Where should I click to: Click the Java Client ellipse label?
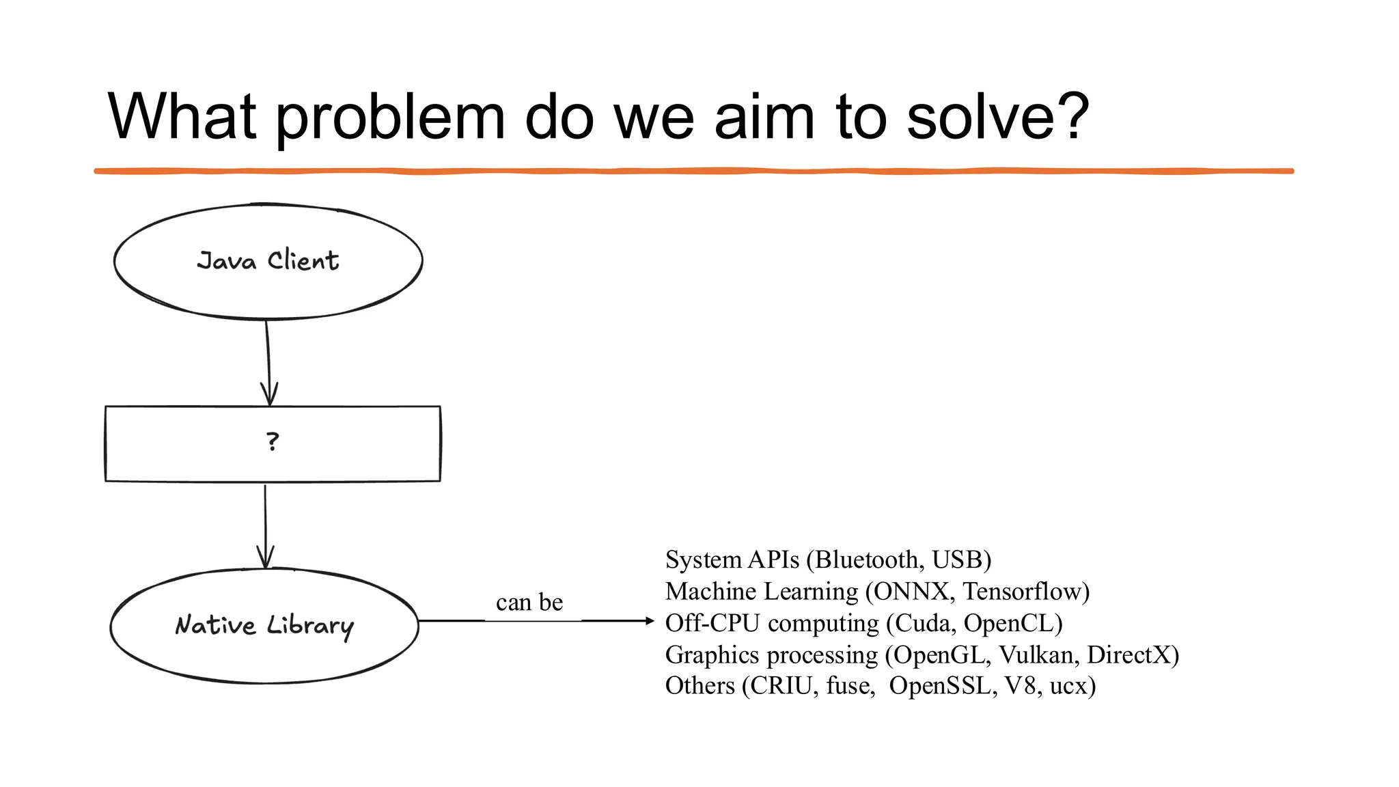pyautogui.click(x=268, y=261)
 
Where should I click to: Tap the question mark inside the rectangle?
pyautogui.click(x=273, y=442)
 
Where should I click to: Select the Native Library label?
pyautogui.click(x=264, y=625)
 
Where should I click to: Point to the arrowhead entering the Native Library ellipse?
pyautogui.click(x=265, y=557)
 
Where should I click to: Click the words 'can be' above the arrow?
pyautogui.click(x=529, y=602)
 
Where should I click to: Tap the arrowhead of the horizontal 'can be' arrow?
pyautogui.click(x=649, y=621)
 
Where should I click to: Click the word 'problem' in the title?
pyautogui.click(x=390, y=118)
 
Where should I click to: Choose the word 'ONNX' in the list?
pyautogui.click(x=911, y=591)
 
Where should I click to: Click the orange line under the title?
pyautogui.click(x=694, y=171)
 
